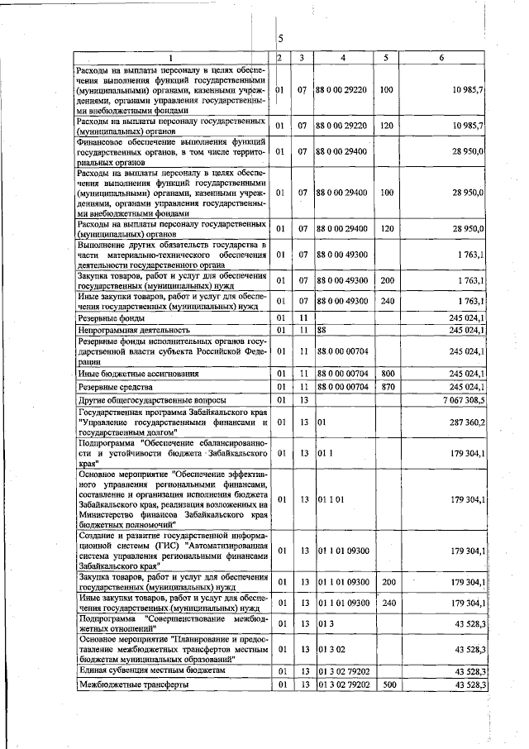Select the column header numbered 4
343,57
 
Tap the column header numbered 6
442,57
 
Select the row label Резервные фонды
111,318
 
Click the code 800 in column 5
386,374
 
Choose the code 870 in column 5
386,386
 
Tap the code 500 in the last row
386,685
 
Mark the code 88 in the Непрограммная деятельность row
322,331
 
